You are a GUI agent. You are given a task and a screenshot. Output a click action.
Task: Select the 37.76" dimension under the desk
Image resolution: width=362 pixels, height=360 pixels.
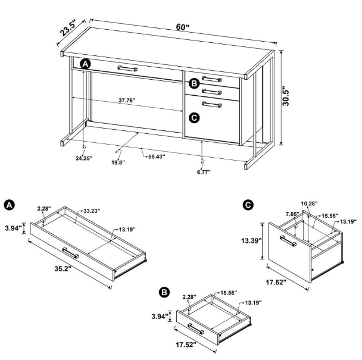[127, 101]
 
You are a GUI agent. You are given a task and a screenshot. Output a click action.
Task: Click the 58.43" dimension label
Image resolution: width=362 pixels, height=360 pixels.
[154, 156]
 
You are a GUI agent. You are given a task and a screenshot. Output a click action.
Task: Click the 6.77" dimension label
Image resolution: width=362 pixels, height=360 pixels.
[204, 172]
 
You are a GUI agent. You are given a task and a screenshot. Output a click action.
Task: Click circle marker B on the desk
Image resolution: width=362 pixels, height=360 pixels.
[193, 83]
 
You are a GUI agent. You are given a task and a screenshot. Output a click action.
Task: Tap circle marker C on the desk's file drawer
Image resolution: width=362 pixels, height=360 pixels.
[193, 117]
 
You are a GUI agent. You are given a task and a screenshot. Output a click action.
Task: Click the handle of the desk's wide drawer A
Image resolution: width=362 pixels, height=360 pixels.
[127, 68]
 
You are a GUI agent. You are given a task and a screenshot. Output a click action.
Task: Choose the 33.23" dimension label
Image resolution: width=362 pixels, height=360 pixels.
[92, 210]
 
